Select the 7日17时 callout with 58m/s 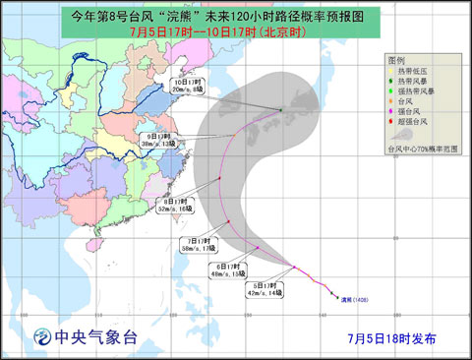197,246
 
